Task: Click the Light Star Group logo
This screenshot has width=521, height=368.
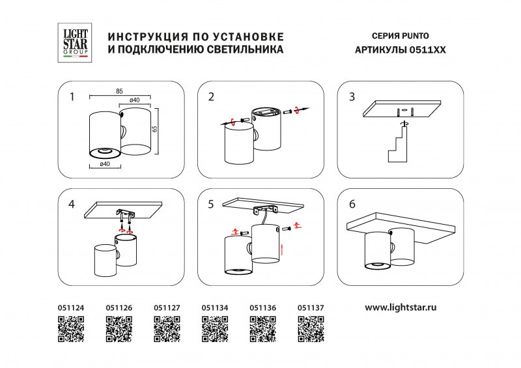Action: tap(72, 42)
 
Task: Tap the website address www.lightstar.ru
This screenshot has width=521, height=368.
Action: tap(400, 306)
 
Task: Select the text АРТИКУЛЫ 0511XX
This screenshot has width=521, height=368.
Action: tap(400, 50)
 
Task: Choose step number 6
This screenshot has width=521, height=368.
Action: tap(352, 205)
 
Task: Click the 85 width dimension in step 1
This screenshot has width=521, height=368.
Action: tap(119, 92)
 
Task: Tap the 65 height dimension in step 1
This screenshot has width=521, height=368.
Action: tap(154, 130)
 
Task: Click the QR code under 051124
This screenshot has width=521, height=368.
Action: tap(71, 328)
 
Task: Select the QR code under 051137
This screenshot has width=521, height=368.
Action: tap(311, 328)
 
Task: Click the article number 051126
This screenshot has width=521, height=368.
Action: tap(119, 307)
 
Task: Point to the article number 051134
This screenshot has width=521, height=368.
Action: tap(215, 307)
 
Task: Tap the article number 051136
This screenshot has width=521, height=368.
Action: tap(263, 307)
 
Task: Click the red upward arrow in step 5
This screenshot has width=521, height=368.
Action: tap(281, 249)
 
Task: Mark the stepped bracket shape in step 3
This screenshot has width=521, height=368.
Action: tap(399, 146)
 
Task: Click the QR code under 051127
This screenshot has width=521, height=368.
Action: tap(167, 328)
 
